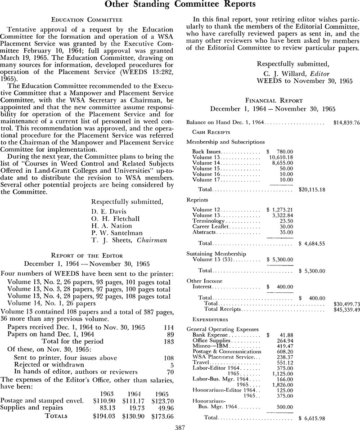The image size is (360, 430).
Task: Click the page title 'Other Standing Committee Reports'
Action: click(180, 4)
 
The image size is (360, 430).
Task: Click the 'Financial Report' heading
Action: click(276, 100)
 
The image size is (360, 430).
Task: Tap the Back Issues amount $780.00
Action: click(280, 152)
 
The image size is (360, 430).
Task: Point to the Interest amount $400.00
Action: click(280, 286)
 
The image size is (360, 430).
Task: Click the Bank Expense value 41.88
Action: click(284, 335)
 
